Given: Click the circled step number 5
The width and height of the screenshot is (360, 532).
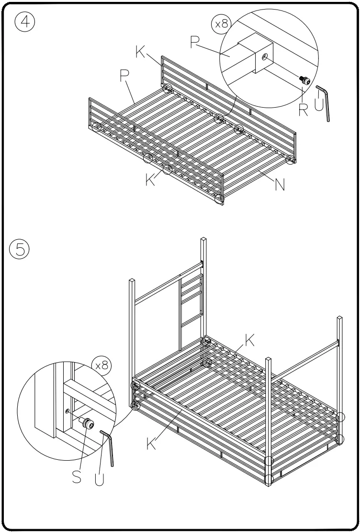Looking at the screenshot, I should coord(19,249).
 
